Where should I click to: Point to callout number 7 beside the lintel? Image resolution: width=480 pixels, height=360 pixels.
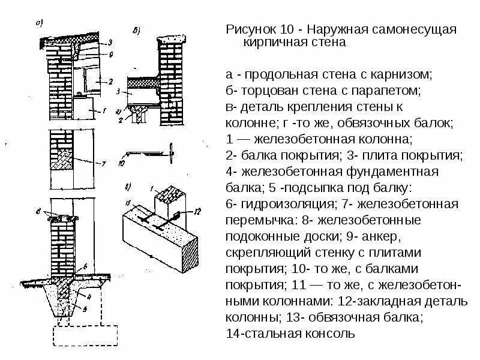103,163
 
